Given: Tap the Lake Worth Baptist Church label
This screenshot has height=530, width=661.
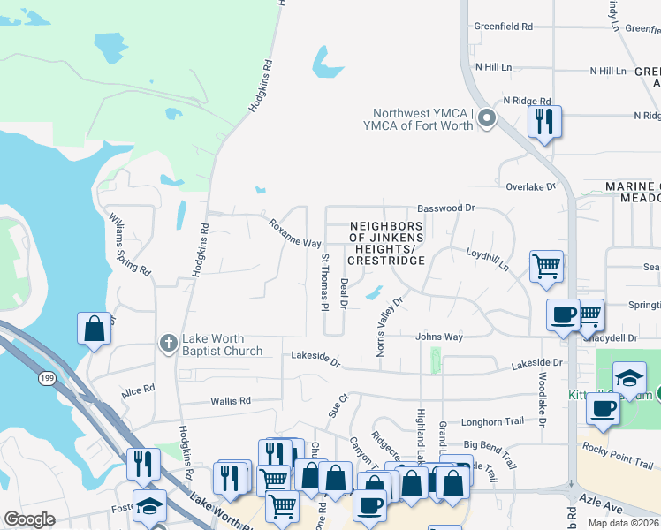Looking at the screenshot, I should [x=223, y=344].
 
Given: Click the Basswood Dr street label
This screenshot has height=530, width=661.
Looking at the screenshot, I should [x=446, y=208].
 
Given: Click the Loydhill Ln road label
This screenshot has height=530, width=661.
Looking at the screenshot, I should [x=488, y=259].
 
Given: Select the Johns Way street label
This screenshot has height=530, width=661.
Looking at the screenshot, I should [x=439, y=337].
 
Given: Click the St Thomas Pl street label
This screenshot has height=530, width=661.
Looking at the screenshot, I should [x=324, y=282].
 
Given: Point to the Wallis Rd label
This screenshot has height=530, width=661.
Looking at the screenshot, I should [x=231, y=401].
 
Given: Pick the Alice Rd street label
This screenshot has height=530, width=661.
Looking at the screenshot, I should [x=139, y=390].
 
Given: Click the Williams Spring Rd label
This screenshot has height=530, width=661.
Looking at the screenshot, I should [x=128, y=245].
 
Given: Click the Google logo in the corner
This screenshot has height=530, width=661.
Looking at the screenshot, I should [x=29, y=519].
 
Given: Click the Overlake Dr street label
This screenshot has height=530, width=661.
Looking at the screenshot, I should [x=530, y=186].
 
